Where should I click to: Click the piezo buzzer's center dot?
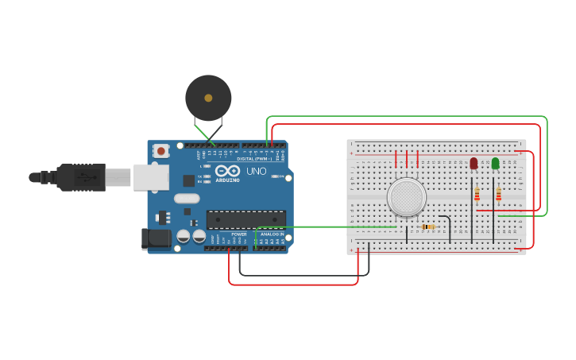tap(208, 98)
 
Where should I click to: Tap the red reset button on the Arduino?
tap(161, 150)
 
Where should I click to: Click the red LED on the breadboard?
tap(474, 163)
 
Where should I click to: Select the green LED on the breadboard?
tap(495, 163)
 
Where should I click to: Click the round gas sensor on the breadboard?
tap(406, 196)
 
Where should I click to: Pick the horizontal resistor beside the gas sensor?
tap(428, 226)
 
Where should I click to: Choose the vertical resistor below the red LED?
tap(477, 195)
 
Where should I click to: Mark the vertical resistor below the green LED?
tap(498, 195)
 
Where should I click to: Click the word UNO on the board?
tap(256, 171)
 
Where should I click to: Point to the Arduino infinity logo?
tap(226, 171)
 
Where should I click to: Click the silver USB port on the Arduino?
tap(150, 177)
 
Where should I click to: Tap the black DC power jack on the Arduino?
tap(156, 238)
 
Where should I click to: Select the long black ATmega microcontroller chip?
tap(245, 219)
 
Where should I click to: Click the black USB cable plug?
tap(79, 177)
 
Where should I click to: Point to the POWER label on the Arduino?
tap(238, 234)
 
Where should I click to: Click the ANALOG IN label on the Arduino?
tap(272, 234)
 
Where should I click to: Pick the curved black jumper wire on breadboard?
tap(446, 223)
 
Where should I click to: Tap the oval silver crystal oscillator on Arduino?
tap(186, 199)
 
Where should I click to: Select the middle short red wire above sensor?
tap(406, 159)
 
